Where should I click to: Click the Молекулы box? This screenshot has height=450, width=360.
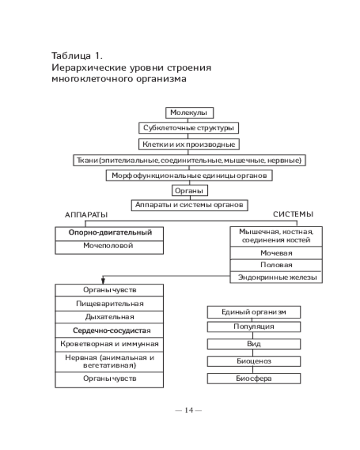(189, 112)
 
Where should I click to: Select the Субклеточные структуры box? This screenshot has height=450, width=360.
(189, 128)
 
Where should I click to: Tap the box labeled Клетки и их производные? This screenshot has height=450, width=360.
(189, 144)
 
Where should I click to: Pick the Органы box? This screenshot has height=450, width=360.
(189, 190)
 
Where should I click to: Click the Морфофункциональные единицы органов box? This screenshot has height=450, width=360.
(189, 175)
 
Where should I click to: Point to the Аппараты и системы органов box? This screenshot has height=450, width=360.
(189, 205)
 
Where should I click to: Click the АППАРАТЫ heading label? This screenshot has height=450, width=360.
(86, 215)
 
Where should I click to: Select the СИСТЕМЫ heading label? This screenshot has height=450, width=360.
(293, 214)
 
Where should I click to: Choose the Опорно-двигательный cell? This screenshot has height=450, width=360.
(110, 233)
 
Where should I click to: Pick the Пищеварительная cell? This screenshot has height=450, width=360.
(109, 304)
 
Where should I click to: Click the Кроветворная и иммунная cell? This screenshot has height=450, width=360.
(109, 344)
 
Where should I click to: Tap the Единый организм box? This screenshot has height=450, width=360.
(254, 312)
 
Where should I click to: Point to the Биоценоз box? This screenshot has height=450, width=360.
(254, 361)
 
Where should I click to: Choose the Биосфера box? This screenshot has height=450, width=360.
(254, 378)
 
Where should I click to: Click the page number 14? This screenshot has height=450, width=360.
(189, 410)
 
